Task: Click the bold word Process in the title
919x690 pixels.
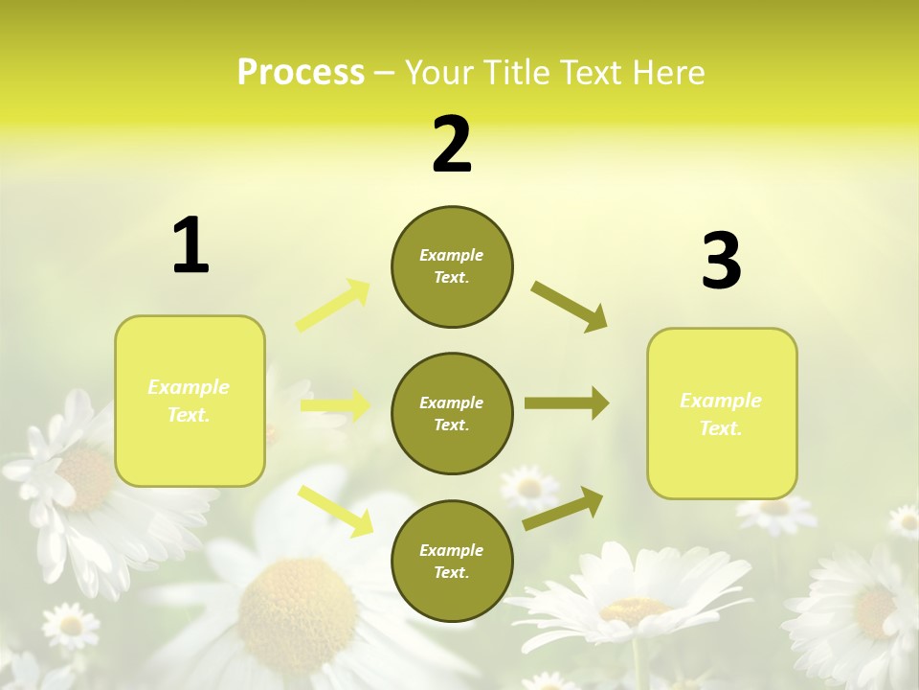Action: click(301, 73)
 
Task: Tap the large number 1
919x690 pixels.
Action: click(191, 246)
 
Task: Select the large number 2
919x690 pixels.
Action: click(452, 145)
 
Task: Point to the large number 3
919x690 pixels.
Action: click(721, 262)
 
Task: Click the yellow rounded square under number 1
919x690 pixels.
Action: click(190, 401)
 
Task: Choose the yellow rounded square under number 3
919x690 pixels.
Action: click(722, 413)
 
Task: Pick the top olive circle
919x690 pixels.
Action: click(452, 266)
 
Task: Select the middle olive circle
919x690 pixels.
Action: click(452, 413)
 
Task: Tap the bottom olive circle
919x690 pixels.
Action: click(452, 561)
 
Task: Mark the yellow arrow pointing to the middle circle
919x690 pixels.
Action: click(335, 405)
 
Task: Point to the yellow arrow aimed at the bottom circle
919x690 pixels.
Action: click(335, 510)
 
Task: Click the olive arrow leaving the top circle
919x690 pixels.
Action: click(570, 306)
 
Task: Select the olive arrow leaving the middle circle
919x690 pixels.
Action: click(566, 402)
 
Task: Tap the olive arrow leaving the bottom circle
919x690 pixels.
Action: click(563, 508)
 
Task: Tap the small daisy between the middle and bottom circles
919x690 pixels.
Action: click(529, 488)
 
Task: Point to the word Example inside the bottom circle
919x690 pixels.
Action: click(452, 550)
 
